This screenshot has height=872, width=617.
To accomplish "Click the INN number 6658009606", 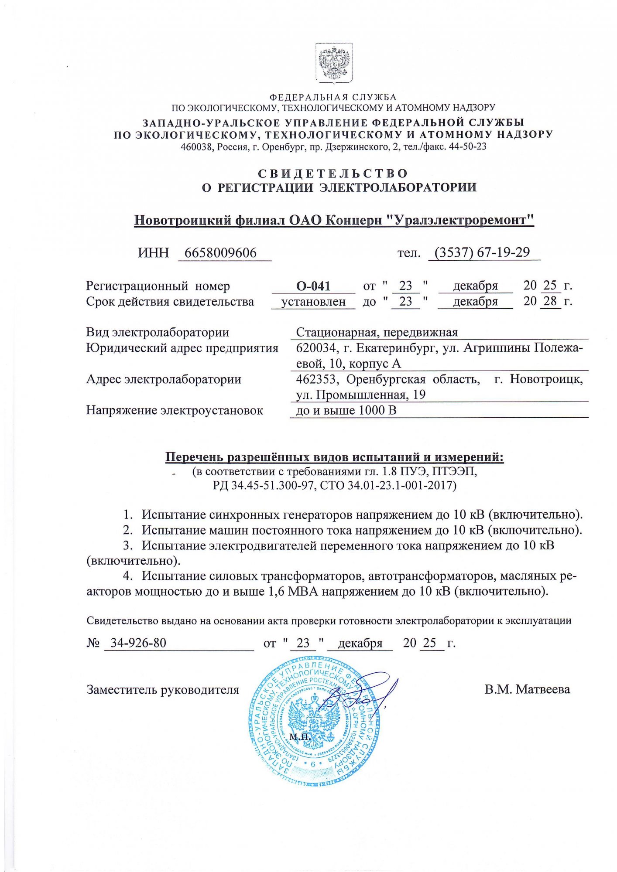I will click(x=220, y=253).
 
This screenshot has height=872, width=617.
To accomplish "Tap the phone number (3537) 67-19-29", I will click(x=482, y=252).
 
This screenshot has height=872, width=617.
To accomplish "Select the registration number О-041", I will click(x=313, y=286).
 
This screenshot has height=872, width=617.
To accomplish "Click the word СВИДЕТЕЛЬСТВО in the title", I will click(x=333, y=174).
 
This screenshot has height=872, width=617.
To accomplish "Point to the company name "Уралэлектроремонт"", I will click(x=461, y=220).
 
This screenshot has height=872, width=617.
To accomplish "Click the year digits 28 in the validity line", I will click(x=550, y=301).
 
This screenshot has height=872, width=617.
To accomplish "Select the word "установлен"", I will click(x=313, y=302).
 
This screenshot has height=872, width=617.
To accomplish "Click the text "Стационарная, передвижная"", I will click(x=377, y=332).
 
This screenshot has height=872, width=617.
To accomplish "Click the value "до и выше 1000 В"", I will click(x=346, y=410).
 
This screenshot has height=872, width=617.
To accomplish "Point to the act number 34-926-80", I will click(x=138, y=643).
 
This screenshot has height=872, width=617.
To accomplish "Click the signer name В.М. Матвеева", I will click(x=527, y=689).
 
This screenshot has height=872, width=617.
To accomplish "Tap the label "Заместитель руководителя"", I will click(x=163, y=690).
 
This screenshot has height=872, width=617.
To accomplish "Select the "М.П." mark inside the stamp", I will click(x=300, y=737).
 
